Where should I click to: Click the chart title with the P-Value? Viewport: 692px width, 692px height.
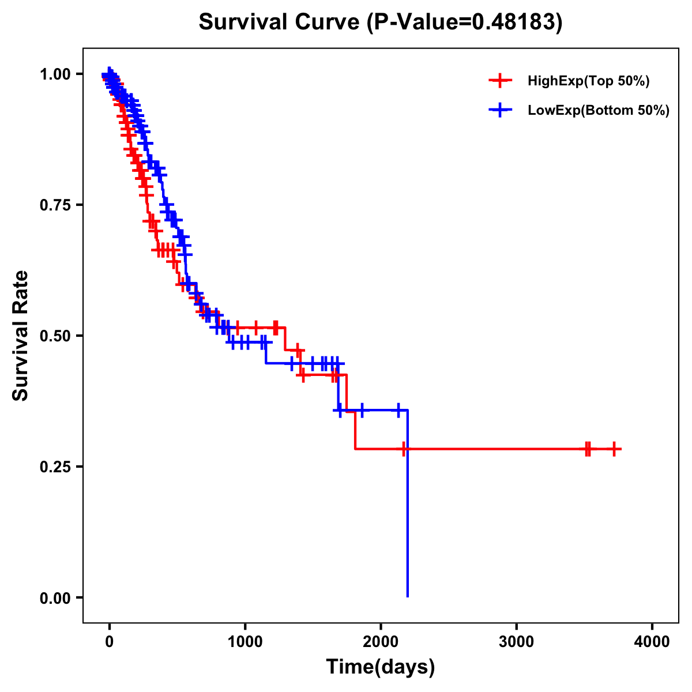[380, 22]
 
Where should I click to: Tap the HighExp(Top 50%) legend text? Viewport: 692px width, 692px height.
[588, 81]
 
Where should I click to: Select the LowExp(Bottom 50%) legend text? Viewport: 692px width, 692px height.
[599, 110]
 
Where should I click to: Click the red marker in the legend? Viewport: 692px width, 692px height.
[500, 81]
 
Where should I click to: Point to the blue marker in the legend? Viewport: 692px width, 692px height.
[500, 110]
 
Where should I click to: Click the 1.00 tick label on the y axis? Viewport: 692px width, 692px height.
[55, 74]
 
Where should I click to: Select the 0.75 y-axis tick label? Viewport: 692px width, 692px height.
[55, 205]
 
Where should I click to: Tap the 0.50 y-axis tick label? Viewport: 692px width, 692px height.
[55, 336]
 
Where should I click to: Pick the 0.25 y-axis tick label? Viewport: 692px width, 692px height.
[55, 467]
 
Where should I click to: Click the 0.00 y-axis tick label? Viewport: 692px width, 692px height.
[55, 598]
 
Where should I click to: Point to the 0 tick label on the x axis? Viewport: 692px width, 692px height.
[110, 642]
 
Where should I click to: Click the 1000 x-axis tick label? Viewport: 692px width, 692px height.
[245, 642]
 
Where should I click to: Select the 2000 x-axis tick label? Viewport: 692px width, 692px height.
[381, 642]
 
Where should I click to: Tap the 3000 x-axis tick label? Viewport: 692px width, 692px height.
[516, 642]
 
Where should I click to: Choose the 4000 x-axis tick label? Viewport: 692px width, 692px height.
[652, 642]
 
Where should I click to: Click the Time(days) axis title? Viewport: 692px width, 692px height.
[380, 667]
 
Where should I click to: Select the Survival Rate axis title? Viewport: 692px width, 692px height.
[21, 335]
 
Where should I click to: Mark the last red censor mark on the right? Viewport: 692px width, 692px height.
[614, 449]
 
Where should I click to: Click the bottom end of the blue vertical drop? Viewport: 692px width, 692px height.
[408, 596]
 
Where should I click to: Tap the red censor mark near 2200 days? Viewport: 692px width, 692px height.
[405, 449]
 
